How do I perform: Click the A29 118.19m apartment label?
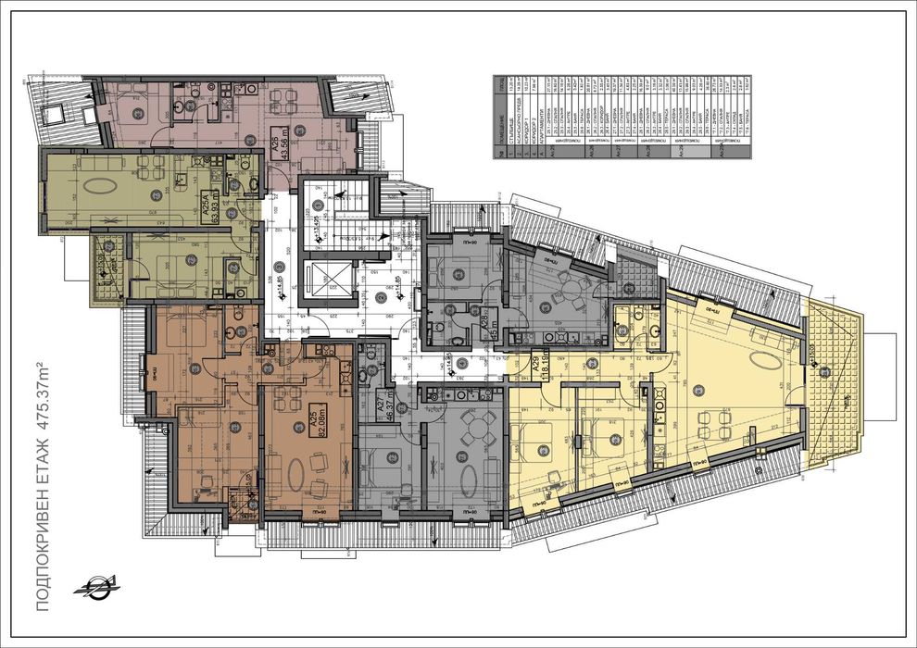point(534,375)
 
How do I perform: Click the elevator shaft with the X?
point(330,281)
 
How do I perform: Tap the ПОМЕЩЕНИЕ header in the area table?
point(506,120)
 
